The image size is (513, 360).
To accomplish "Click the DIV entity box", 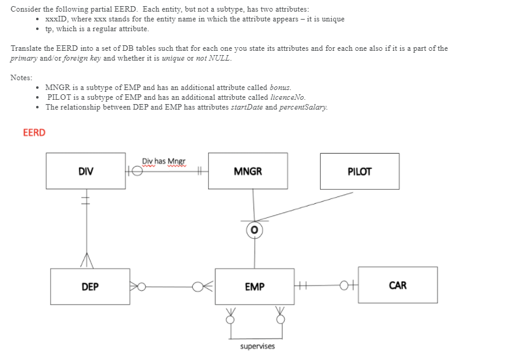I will [86, 171].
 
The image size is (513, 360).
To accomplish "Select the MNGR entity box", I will [247, 171].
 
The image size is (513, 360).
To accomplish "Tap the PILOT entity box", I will [359, 171].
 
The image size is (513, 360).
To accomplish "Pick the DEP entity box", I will [90, 286].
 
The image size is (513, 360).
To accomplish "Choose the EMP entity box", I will [254, 286].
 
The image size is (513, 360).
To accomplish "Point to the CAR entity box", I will [397, 285].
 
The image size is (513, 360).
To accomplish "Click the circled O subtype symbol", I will [255, 230].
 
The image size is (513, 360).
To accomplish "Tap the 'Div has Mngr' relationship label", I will [163, 161].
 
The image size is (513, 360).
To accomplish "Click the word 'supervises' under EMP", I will [257, 347].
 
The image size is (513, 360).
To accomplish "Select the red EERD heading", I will [34, 132].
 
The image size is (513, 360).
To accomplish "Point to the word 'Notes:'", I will [21, 78].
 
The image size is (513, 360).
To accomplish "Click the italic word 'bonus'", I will [280, 88].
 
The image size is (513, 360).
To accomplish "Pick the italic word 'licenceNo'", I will [287, 97].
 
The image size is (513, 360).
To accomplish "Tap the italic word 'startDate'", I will [245, 107].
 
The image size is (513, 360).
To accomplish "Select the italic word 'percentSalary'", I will [303, 107].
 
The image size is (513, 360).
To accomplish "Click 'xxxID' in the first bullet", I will [55, 19].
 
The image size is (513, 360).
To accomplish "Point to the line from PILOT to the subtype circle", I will [306, 206].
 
